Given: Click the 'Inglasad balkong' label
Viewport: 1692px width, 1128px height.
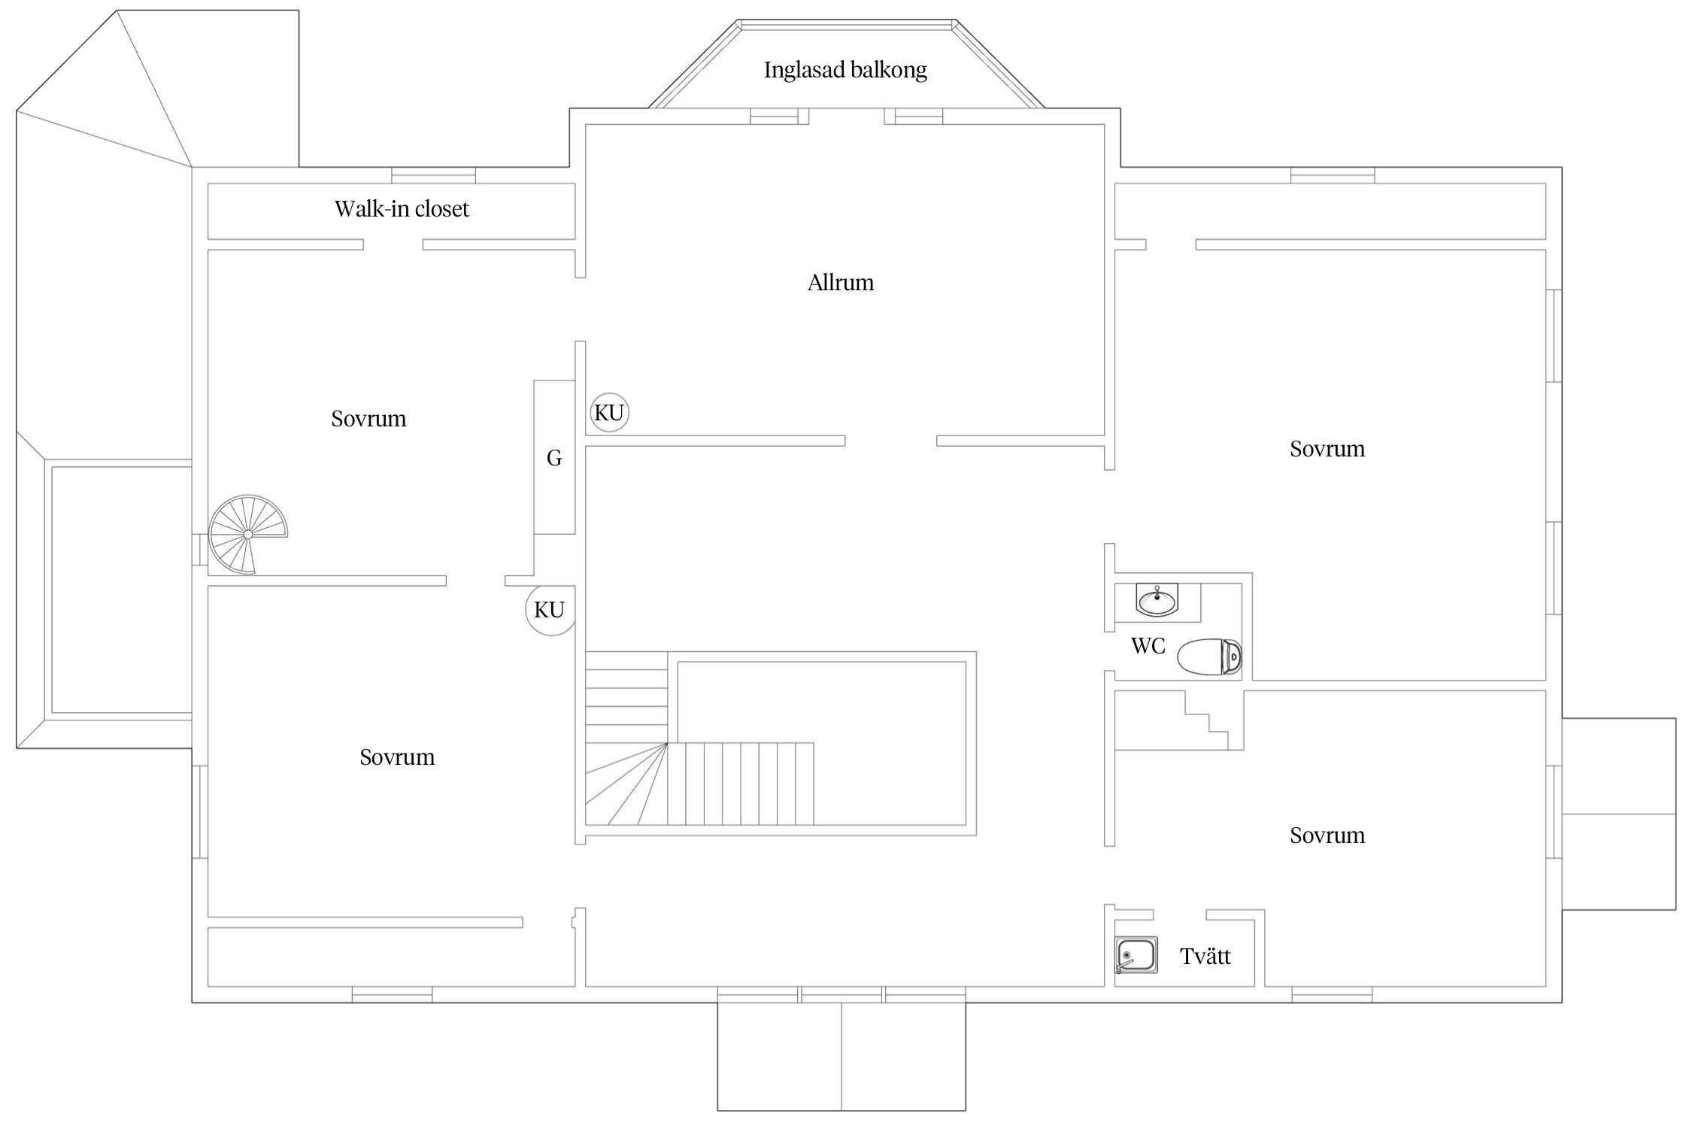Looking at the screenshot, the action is coord(845,70).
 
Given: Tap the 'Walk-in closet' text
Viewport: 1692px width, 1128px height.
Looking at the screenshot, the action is coord(402,208).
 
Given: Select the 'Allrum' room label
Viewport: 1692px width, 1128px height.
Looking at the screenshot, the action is coord(841,283).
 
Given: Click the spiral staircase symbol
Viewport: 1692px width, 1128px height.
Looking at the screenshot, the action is coord(247,535).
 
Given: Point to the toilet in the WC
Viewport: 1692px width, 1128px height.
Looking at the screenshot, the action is coord(1209,656).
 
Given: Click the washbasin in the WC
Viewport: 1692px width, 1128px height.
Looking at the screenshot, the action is coord(1157,601).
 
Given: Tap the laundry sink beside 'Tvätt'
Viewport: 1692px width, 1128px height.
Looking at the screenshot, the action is coord(1136,955).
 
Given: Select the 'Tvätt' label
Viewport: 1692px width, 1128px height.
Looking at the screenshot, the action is coord(1205,957).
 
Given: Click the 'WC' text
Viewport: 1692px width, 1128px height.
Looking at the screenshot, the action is coord(1148,645).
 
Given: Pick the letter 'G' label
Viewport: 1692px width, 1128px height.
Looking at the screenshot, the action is coord(554,458).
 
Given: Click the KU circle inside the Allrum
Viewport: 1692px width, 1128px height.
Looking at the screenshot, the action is coord(609,413).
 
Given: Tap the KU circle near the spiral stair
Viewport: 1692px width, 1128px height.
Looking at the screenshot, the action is coord(550,610).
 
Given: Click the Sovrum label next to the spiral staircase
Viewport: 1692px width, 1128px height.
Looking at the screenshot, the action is coord(368,419).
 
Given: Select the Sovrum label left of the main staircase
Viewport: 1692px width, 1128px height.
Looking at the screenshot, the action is coord(397,757).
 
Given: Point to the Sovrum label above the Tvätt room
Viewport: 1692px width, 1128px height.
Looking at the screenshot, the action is coord(1327,835).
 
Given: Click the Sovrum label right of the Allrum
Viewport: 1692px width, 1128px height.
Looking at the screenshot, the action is coord(1327,449).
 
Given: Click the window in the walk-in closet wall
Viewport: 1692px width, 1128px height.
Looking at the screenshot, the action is coord(433,175).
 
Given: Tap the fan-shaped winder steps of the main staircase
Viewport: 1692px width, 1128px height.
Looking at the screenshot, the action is coord(626,784).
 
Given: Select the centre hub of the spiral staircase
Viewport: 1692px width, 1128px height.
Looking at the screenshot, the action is coord(248,535).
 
